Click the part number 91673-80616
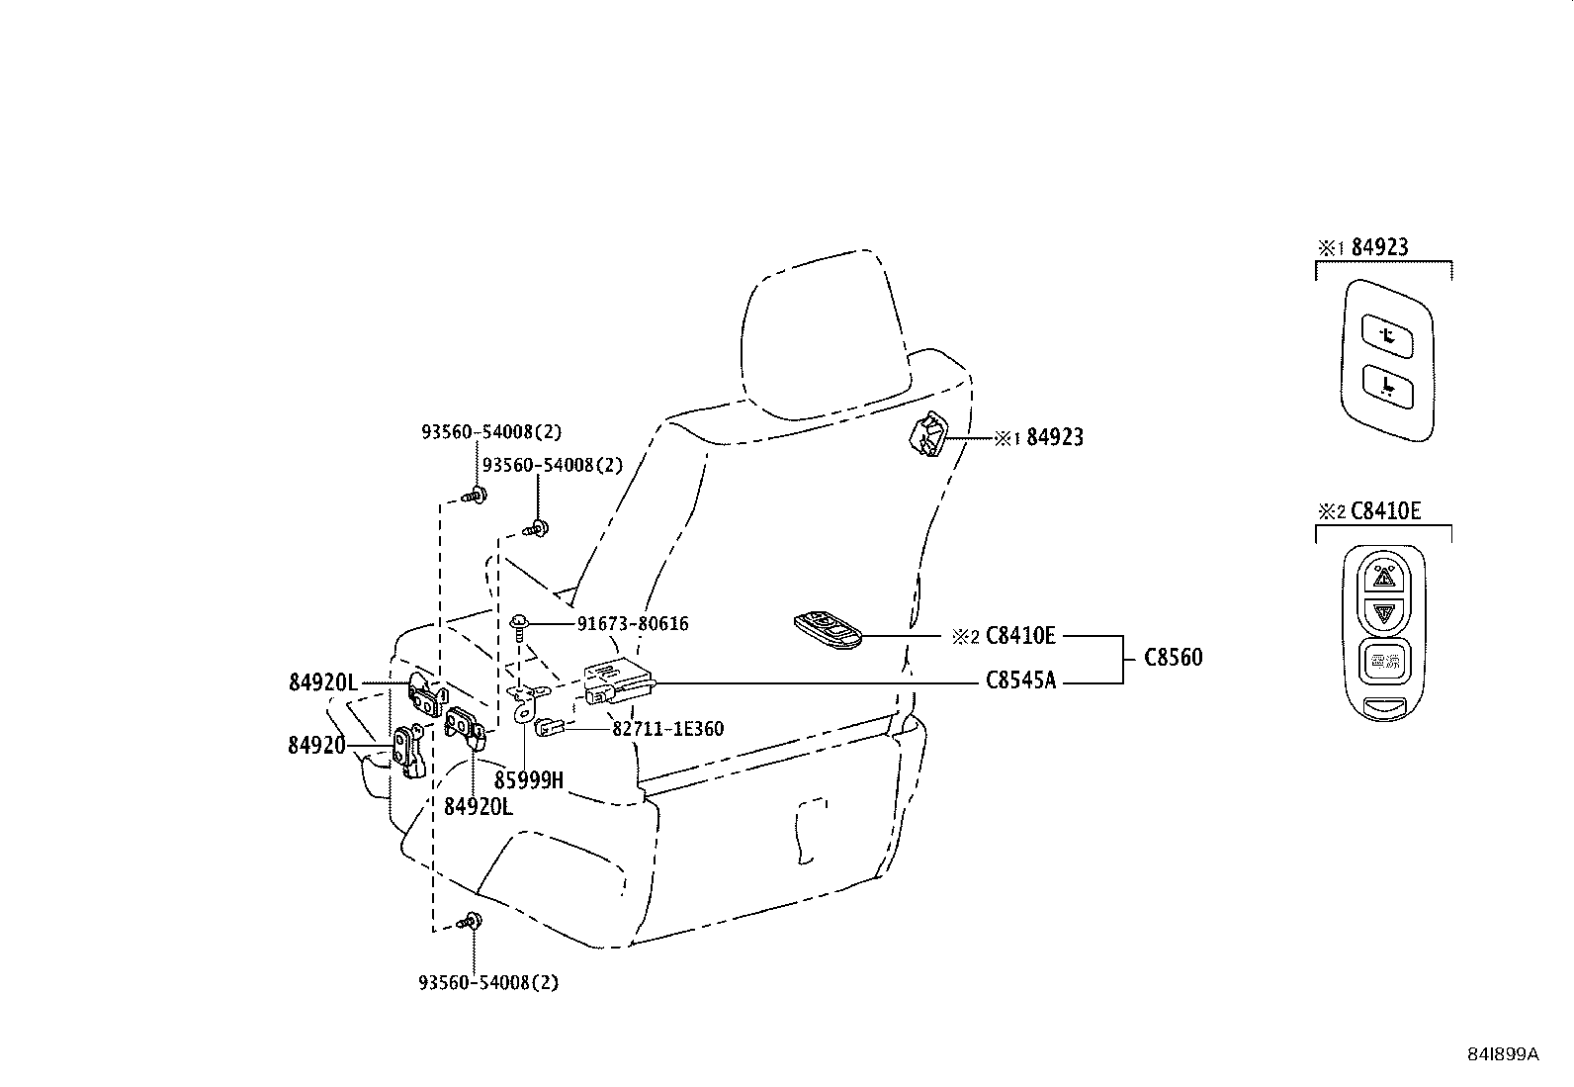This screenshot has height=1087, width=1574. tap(633, 624)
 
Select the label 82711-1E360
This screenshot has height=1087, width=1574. tap(667, 730)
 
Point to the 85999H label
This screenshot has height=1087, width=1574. tap(529, 780)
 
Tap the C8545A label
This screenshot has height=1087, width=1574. tap(1020, 680)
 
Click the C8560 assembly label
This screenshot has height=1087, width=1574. tap(1174, 658)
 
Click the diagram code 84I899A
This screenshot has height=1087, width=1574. tap(1502, 1054)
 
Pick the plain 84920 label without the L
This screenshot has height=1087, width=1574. tap(316, 746)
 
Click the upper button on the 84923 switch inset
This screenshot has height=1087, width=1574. tap(1387, 335)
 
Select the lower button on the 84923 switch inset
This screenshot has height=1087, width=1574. tap(1387, 384)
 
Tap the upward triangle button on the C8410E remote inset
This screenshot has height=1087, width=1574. tap(1384, 575)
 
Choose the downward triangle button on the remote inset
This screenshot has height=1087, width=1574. tap(1384, 613)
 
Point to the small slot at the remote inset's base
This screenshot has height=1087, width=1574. tap(1384, 705)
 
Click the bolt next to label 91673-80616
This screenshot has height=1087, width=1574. tap(519, 624)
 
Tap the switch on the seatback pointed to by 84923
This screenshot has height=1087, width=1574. tap(927, 436)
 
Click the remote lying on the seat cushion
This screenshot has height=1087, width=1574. tap(828, 629)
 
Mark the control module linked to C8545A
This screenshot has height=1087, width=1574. tap(618, 680)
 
